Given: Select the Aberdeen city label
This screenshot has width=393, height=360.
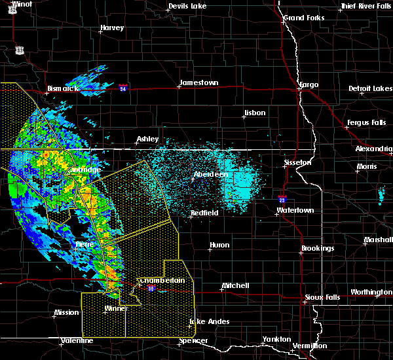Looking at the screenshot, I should (x=211, y=175).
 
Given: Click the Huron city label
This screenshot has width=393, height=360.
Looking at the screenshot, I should (x=219, y=245).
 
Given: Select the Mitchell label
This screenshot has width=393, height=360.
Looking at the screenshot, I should (x=234, y=286).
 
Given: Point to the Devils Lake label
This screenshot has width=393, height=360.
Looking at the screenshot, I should (x=187, y=7).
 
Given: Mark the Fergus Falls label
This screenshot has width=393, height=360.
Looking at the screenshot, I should (x=365, y=123).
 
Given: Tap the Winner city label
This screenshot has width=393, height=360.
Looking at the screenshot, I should (x=117, y=308).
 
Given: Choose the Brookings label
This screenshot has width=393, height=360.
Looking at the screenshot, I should (x=318, y=249).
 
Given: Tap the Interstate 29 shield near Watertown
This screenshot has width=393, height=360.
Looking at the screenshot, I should (x=282, y=200).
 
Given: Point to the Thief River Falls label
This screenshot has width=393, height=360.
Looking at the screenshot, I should (x=365, y=7).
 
